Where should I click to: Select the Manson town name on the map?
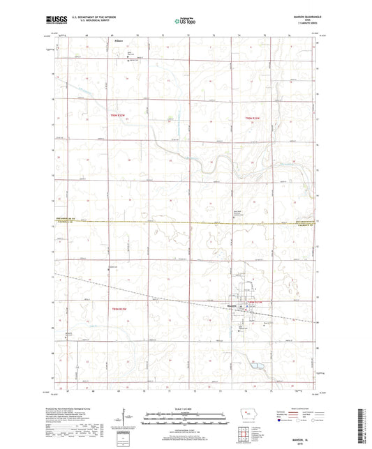(235, 305)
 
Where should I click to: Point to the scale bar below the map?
(185, 416)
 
